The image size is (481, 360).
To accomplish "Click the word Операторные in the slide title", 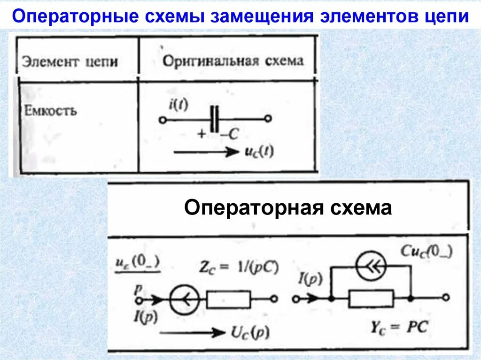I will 70,17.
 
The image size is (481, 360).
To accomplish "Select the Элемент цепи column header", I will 70,61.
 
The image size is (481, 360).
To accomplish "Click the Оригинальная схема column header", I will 233,61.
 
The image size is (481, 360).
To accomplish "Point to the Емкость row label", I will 49,112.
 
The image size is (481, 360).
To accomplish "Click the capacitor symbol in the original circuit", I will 215,119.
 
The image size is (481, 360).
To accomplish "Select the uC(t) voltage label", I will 260,152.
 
